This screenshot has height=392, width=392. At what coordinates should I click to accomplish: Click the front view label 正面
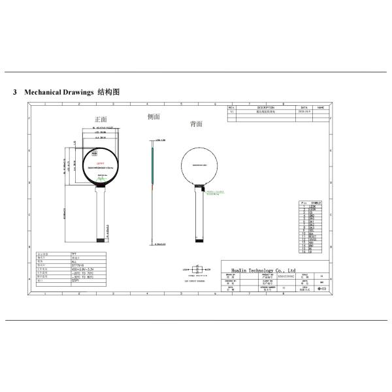pos(100,120)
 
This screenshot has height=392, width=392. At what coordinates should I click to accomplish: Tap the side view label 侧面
pos(154,116)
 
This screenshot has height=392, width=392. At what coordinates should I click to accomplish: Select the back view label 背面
pos(195,123)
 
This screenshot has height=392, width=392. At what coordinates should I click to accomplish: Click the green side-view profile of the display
pos(152,163)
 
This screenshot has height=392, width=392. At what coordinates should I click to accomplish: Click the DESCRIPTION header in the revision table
pos(265,106)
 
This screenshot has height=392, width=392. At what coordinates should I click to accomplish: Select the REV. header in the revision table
pos(232,106)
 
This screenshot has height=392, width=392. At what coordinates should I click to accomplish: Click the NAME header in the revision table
pos(320,106)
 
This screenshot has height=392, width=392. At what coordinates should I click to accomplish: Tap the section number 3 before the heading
pos(15,92)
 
